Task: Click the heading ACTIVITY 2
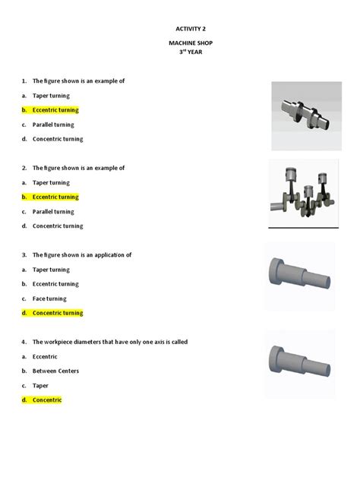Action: point(180,28)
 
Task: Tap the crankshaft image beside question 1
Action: point(303,112)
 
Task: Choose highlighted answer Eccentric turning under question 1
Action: point(55,110)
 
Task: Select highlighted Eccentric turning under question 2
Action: point(55,197)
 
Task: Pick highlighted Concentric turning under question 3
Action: point(58,313)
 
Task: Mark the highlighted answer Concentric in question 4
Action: point(47,399)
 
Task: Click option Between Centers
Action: point(55,371)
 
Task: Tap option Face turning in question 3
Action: point(49,298)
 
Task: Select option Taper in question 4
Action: point(41,385)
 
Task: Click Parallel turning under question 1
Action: point(53,125)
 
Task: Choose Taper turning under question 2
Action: point(51,182)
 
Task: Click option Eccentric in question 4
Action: point(45,356)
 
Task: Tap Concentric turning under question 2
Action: point(58,226)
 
